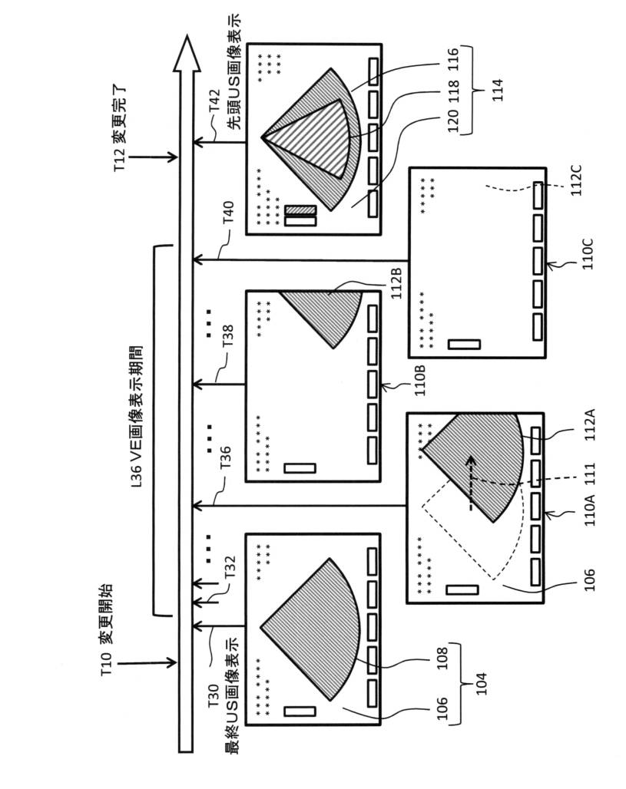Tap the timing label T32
(x=228, y=570)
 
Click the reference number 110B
(x=420, y=378)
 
